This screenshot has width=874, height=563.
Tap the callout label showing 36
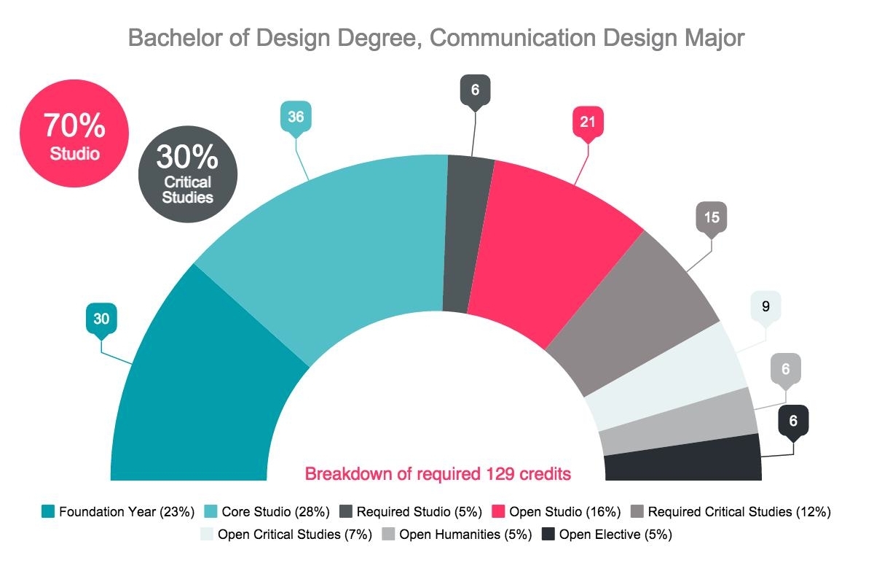coord(296,117)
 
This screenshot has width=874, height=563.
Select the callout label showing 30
coord(101,318)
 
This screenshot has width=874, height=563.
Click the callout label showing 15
coord(712,217)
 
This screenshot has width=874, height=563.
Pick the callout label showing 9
coord(765,306)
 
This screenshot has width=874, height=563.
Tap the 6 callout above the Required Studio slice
coord(475,90)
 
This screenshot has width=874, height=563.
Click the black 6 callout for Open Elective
coord(793,421)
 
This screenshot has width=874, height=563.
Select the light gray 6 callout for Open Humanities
coord(785,369)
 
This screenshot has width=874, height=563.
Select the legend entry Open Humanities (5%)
coord(455,535)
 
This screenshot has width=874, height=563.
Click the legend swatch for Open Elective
coord(548,535)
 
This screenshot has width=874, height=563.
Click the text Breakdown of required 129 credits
coord(437,474)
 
